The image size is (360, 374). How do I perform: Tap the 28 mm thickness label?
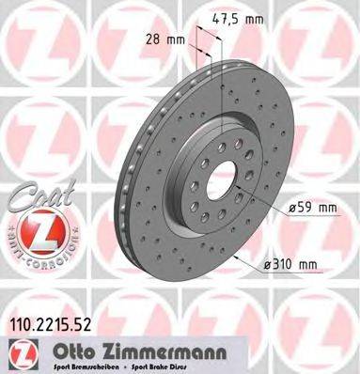(165, 40)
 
